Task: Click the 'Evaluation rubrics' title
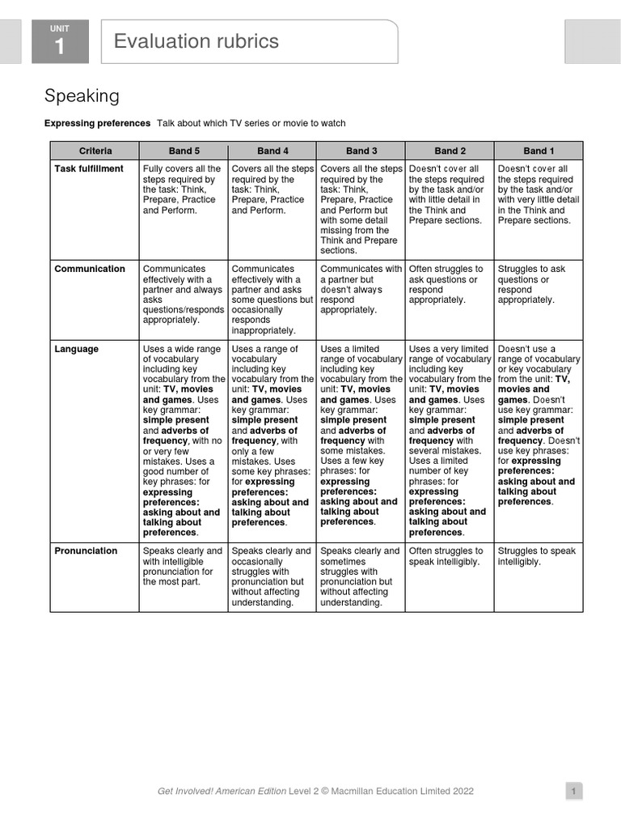[196, 41]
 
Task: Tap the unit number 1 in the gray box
[60, 47]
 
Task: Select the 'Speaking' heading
[82, 96]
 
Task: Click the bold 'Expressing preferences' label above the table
[97, 123]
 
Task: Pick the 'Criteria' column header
[95, 151]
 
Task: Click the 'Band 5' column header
[184, 151]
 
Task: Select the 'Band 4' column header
[273, 151]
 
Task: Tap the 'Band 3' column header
[361, 151]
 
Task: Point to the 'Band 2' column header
[450, 151]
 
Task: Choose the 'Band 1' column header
[539, 151]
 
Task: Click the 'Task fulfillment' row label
[89, 169]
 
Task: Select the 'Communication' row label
[90, 270]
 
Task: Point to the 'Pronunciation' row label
[87, 551]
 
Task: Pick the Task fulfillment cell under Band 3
[361, 210]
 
